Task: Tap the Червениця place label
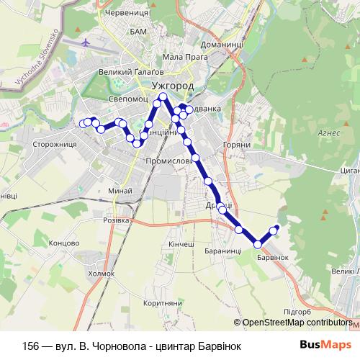pyautogui.click(x=127, y=12)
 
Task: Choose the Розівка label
pyautogui.click(x=116, y=220)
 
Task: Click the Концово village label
pyautogui.click(x=64, y=243)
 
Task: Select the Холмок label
pyautogui.click(x=101, y=274)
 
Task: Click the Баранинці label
pyautogui.click(x=222, y=250)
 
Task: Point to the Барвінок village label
pyautogui.click(x=272, y=257)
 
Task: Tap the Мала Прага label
pyautogui.click(x=181, y=57)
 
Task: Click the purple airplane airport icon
pyautogui.click(x=87, y=42)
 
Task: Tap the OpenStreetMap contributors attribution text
pyautogui.click(x=297, y=323)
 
